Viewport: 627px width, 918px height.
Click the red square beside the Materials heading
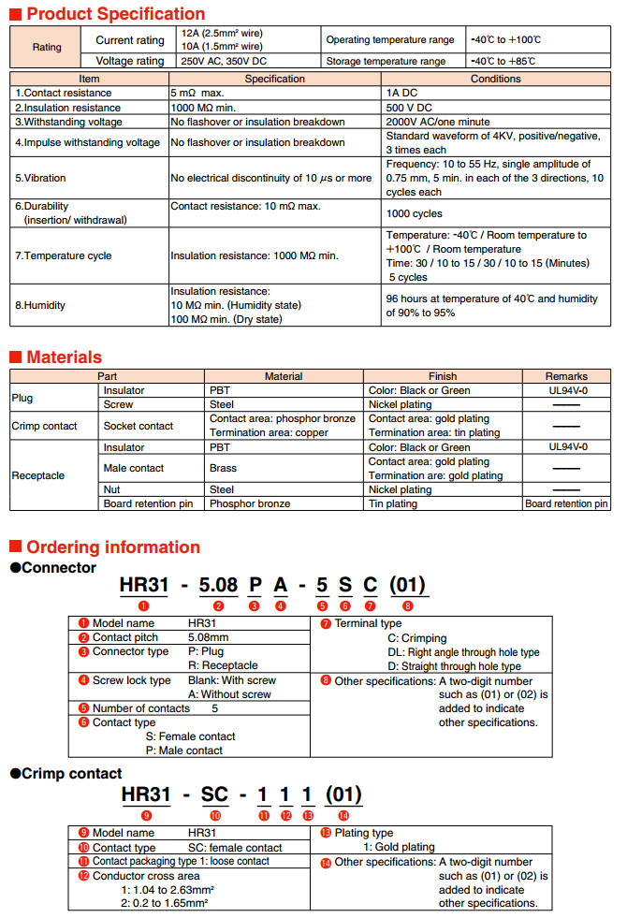click(x=15, y=357)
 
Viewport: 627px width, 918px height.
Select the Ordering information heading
click(x=112, y=547)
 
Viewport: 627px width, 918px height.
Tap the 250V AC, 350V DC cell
click(x=227, y=62)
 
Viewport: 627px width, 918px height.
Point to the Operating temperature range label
click(x=390, y=40)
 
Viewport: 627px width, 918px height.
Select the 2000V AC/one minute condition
click(x=438, y=122)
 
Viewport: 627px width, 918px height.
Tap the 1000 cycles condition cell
click(x=413, y=213)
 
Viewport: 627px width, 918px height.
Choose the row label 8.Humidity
click(x=41, y=305)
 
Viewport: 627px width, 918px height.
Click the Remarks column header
click(x=566, y=376)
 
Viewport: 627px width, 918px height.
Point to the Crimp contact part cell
click(x=44, y=426)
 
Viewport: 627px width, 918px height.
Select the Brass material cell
click(x=223, y=468)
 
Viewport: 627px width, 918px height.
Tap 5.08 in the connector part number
click(x=219, y=587)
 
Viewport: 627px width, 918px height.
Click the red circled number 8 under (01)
click(x=407, y=606)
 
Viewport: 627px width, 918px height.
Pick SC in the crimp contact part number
click(x=214, y=796)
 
